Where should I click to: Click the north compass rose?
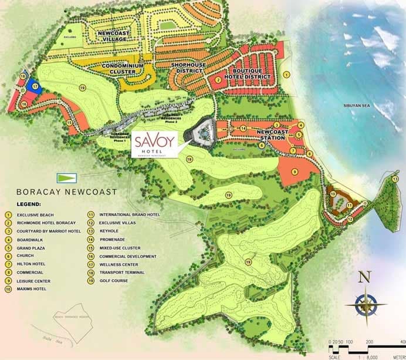click(365, 303)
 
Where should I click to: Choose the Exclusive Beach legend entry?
click(34, 215)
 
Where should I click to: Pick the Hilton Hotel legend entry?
click(31, 264)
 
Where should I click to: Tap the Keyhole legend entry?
click(109, 231)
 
